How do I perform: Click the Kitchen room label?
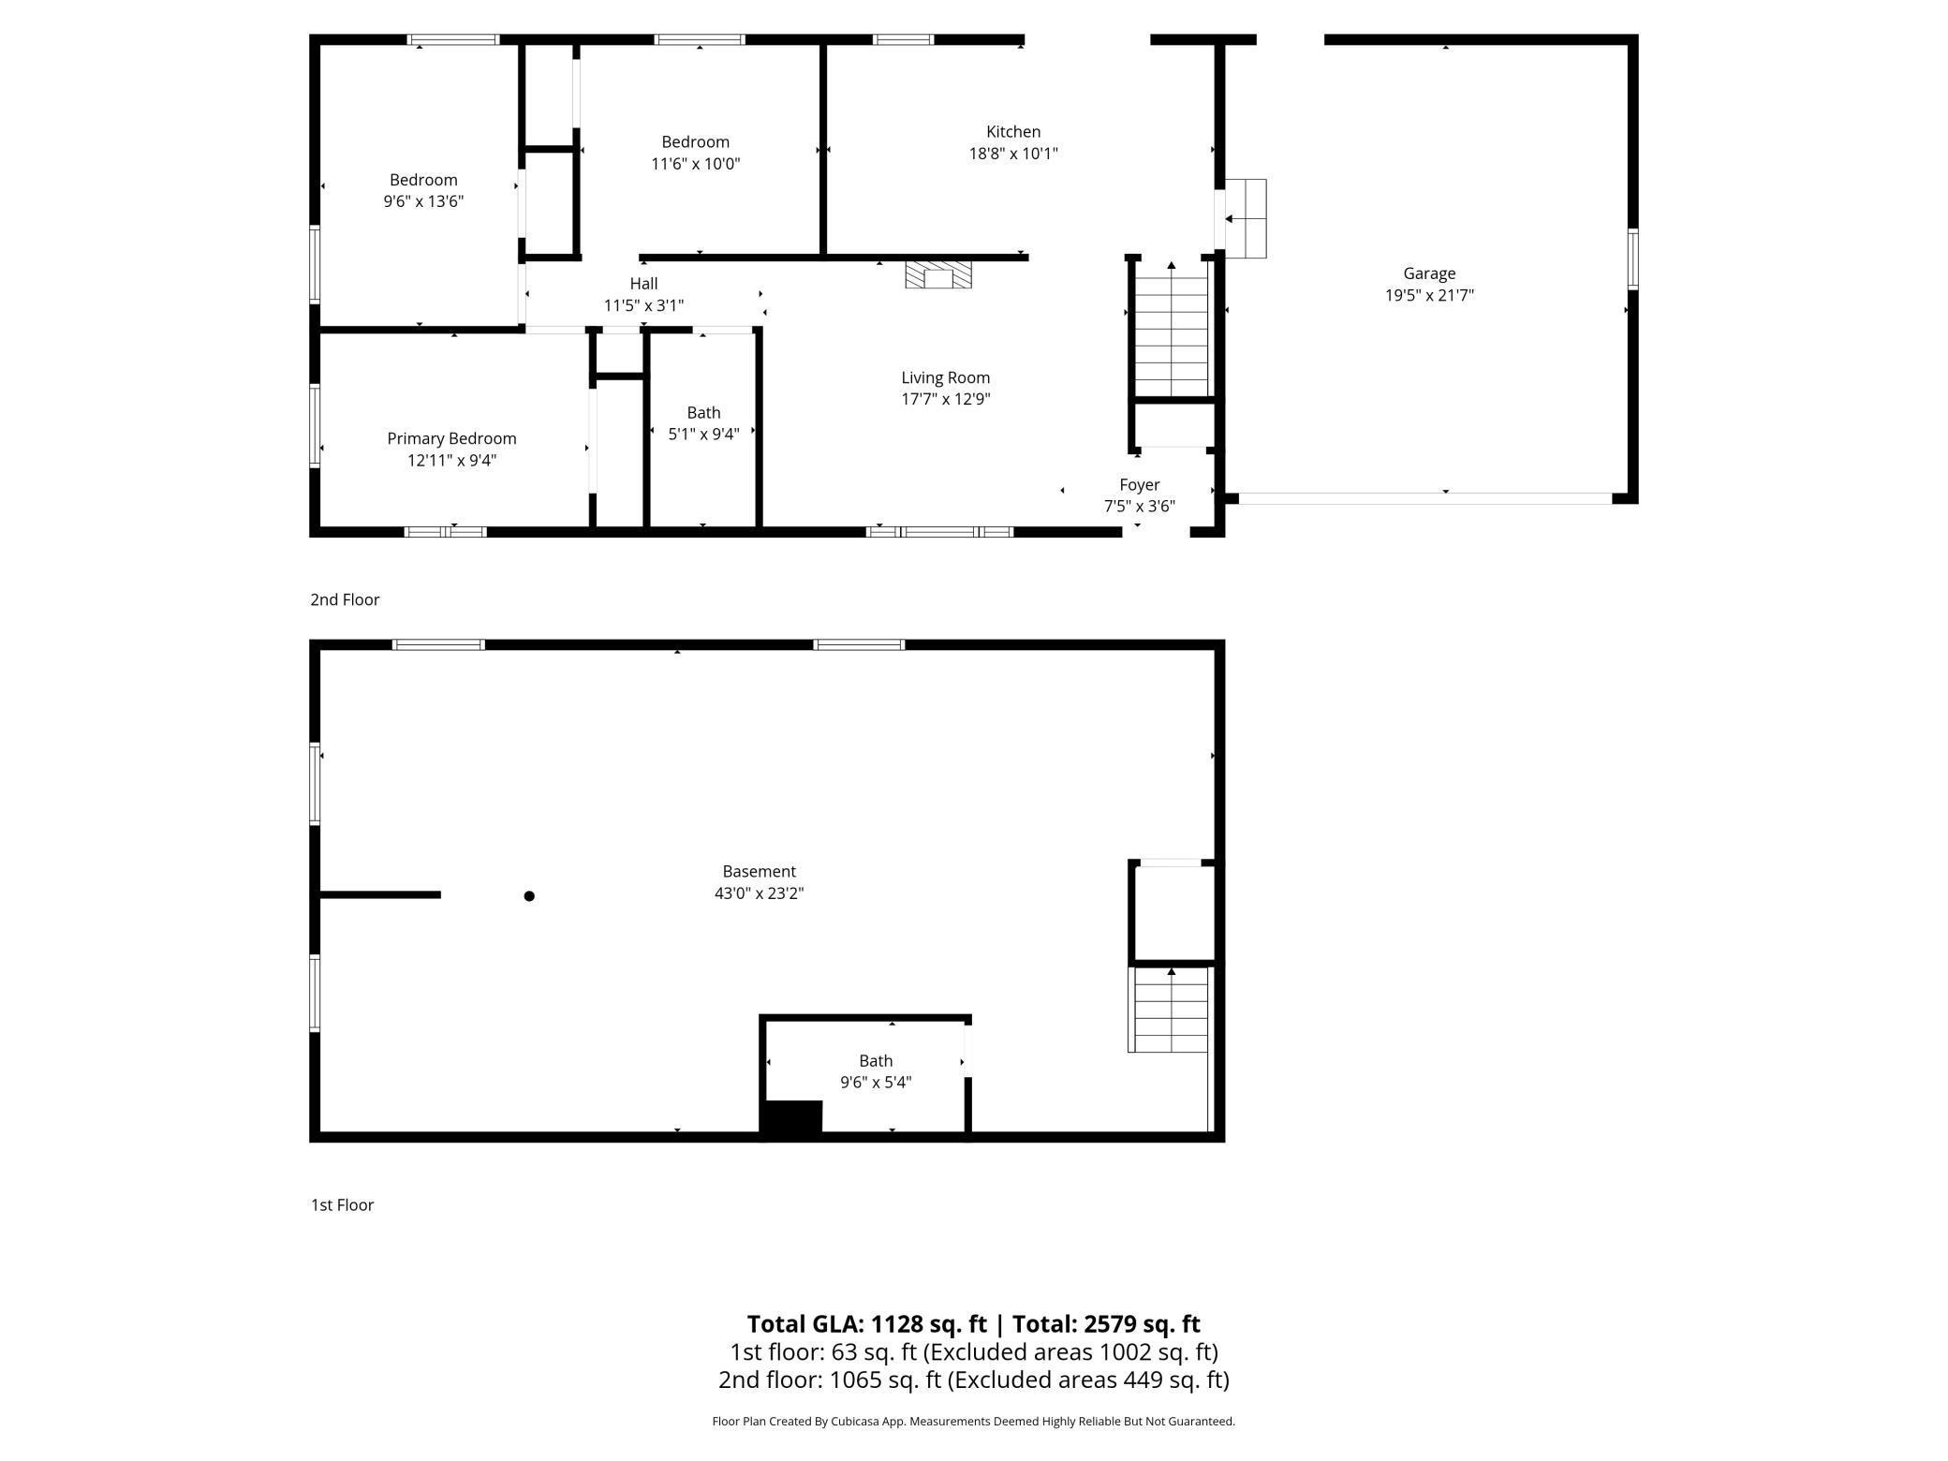pos(1012,132)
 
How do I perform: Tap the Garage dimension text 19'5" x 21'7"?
pos(1429,295)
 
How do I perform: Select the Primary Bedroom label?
pos(451,438)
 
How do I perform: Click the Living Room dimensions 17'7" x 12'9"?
pos(945,399)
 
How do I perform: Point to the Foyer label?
pos(1139,484)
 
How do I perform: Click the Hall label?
pos(643,284)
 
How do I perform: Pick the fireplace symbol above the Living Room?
pos(938,275)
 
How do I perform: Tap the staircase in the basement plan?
pos(1170,1011)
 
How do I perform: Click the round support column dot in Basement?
pos(529,896)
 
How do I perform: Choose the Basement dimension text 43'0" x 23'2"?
pos(759,893)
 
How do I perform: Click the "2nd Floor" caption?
pos(345,599)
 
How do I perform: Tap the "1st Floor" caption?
pos(342,1205)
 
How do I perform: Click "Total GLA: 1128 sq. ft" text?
pos(866,1324)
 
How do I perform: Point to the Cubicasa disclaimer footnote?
pos(973,1422)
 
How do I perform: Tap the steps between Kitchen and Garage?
pos(1246,218)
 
